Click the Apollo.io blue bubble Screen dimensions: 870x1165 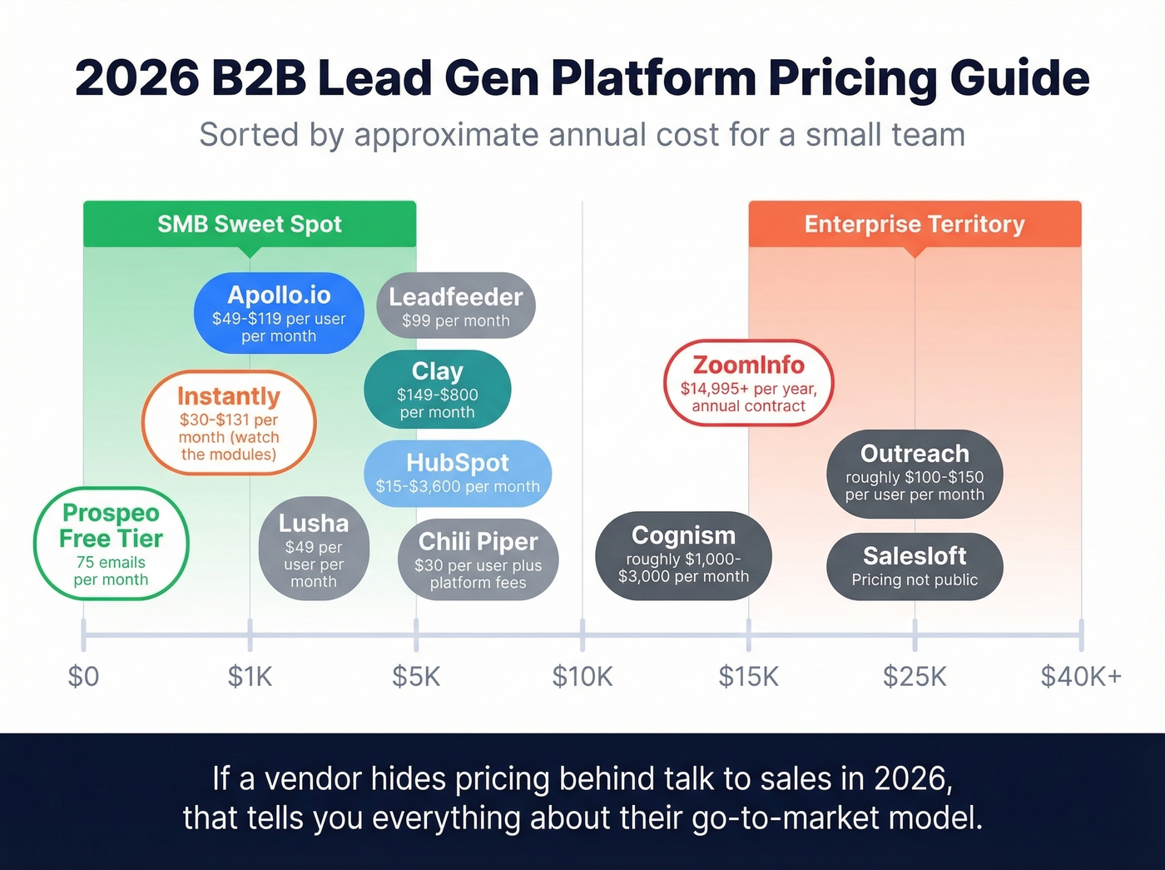(x=279, y=313)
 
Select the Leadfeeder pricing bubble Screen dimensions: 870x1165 (x=456, y=306)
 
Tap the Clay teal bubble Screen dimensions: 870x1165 (x=437, y=390)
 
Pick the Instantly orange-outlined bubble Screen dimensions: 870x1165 (x=229, y=423)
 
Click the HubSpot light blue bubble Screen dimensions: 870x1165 (x=458, y=473)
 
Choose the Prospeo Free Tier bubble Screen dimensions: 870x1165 (x=111, y=544)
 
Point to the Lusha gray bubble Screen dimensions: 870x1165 (x=314, y=549)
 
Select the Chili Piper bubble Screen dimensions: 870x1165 (x=478, y=559)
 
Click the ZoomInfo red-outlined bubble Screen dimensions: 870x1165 (x=748, y=383)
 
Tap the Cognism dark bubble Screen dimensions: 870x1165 (x=683, y=554)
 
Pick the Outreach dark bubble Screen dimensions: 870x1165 (x=915, y=473)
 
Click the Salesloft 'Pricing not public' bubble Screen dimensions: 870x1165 (x=915, y=566)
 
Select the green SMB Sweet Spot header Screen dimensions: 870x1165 (x=250, y=224)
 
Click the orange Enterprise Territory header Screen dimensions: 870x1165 (x=915, y=224)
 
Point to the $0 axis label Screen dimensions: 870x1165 (x=83, y=676)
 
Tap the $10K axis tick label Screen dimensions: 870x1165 (x=582, y=676)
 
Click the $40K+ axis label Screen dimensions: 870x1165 (x=1081, y=676)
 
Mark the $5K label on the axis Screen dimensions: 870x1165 (x=416, y=676)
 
